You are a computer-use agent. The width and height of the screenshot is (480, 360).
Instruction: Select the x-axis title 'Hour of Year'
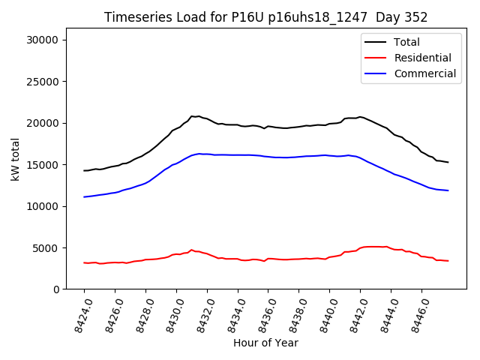265,343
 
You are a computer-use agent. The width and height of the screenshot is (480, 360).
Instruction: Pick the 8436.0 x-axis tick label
260,314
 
